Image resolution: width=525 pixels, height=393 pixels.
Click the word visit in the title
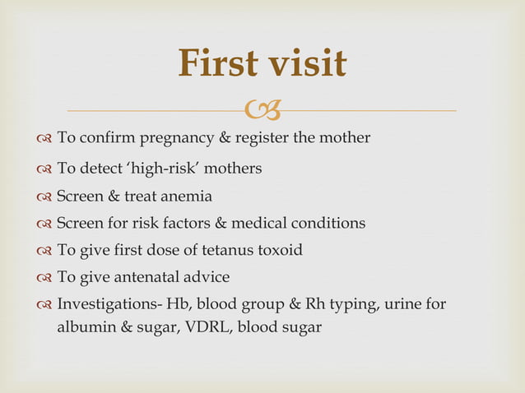[x=308, y=63]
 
